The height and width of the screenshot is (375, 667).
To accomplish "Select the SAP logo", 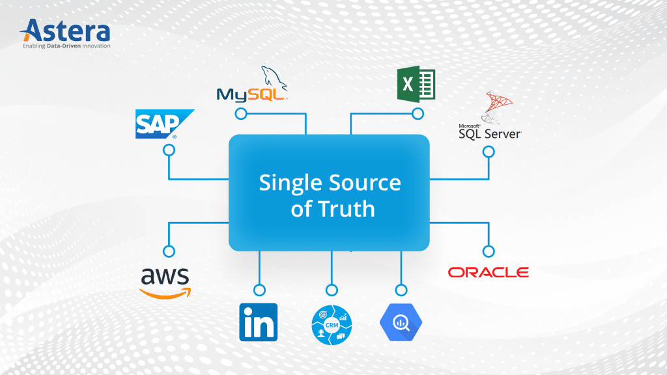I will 164,124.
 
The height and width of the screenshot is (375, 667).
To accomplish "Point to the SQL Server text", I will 490,133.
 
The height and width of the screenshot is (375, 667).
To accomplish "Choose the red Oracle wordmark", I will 488,272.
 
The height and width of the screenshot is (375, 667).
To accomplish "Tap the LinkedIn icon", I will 259,322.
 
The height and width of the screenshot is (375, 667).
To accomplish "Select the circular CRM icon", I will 332,322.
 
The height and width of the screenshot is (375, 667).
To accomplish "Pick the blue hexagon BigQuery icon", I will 401,322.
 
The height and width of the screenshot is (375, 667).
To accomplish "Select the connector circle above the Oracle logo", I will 488,251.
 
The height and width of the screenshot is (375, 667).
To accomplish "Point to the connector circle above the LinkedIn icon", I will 259,290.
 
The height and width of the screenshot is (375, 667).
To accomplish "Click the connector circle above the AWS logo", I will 169,251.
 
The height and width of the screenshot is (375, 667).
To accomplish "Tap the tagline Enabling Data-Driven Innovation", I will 66,46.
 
